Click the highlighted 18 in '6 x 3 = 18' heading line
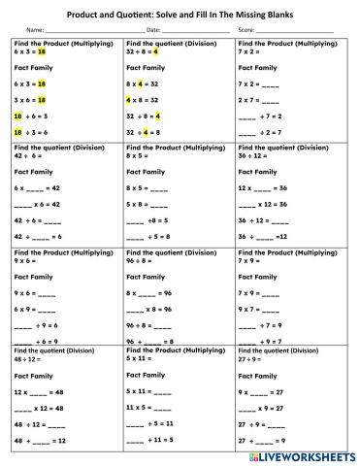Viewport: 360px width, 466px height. coord(42,52)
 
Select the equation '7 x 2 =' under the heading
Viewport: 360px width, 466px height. coord(253,52)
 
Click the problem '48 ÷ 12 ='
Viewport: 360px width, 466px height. coord(29,358)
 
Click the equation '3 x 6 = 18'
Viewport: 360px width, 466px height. coord(35,99)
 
